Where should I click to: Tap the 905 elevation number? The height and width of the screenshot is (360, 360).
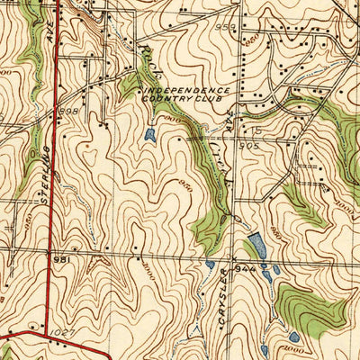(x=249, y=144)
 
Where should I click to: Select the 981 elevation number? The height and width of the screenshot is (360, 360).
(x=61, y=259)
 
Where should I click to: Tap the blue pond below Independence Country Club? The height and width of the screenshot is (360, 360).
(x=148, y=136)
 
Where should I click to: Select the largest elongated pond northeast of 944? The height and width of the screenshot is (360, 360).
(x=256, y=245)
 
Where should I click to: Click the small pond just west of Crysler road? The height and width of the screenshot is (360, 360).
(x=210, y=265)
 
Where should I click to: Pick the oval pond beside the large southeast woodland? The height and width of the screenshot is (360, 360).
(x=293, y=337)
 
